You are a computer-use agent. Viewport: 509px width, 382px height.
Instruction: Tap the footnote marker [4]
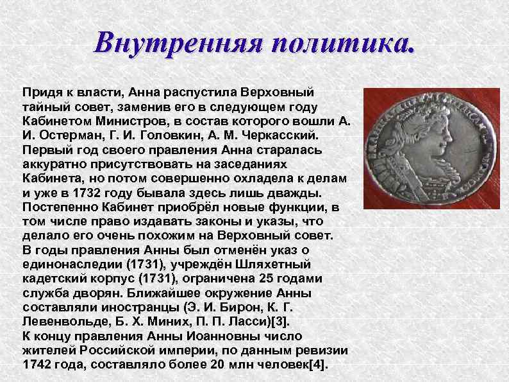point(317,365)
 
